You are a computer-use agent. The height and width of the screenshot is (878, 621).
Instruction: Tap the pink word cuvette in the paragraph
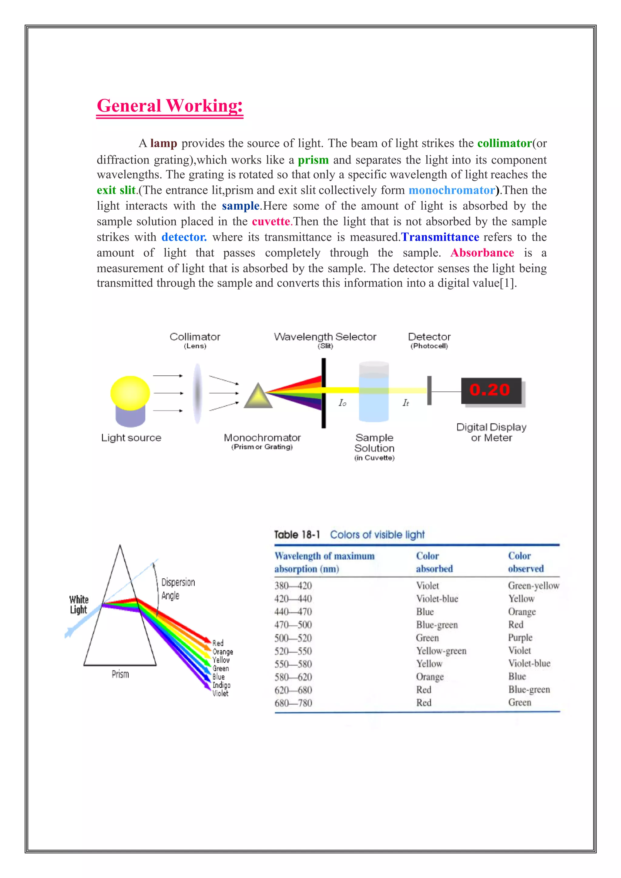tap(270, 221)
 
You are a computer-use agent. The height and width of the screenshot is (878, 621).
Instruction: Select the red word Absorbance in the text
tap(482, 253)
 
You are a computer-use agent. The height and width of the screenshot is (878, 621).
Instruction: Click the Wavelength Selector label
tap(325, 337)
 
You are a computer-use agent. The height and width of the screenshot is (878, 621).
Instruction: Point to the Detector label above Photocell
tap(429, 337)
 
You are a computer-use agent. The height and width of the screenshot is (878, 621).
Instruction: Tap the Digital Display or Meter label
tap(491, 432)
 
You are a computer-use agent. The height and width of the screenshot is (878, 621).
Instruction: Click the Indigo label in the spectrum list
tap(221, 685)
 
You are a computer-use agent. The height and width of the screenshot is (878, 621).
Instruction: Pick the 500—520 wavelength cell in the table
tap(293, 638)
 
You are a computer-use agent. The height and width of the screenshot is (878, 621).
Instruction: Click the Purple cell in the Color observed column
tap(520, 637)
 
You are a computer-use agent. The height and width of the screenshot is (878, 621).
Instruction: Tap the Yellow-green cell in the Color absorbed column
tap(441, 651)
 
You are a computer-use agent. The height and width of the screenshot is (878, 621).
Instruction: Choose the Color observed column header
tap(525, 562)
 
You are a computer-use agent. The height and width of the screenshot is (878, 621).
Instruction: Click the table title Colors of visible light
tap(377, 535)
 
